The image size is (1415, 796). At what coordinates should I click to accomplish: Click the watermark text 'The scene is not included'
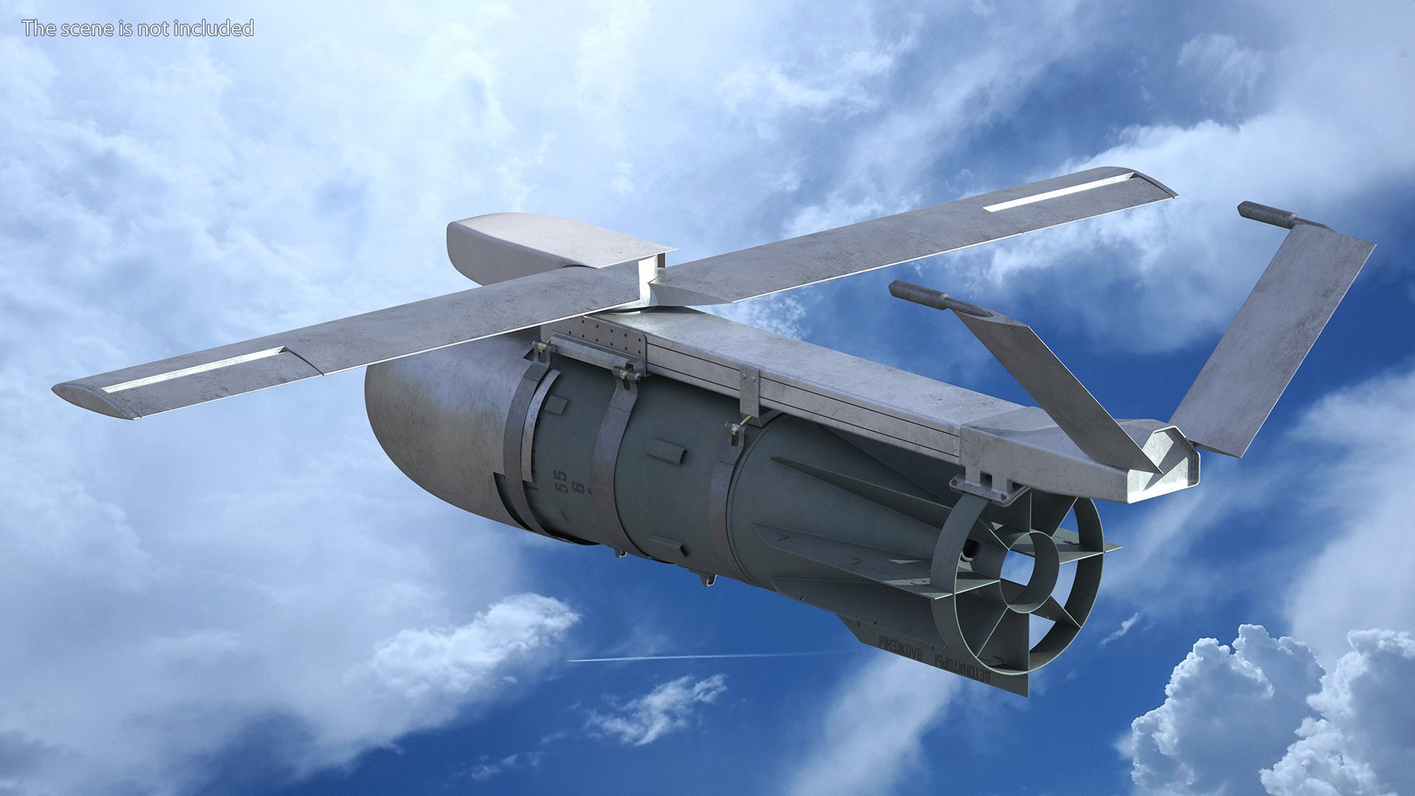coord(138,28)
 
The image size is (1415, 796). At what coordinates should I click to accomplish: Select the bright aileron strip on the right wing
coord(1059,192)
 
